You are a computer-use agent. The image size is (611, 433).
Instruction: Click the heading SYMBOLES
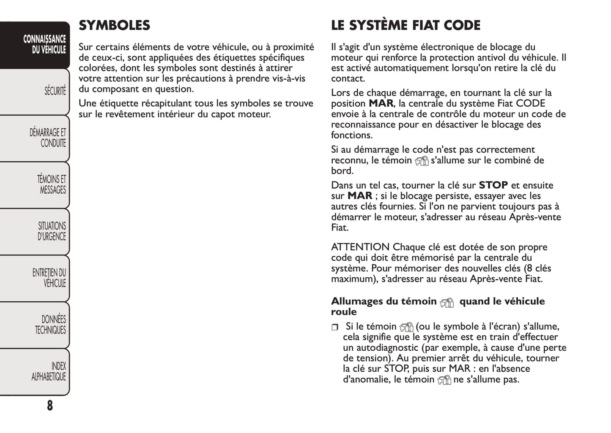[114, 25]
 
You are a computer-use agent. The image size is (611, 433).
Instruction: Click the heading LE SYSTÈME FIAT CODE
[406, 25]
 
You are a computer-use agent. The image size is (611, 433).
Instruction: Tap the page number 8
[50, 406]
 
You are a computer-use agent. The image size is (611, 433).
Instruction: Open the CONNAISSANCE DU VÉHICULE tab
[44, 45]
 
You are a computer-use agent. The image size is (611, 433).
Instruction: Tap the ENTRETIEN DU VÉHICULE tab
[49, 278]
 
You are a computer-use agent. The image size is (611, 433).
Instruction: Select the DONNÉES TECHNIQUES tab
[50, 325]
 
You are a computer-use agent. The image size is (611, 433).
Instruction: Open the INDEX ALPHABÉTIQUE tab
[49, 371]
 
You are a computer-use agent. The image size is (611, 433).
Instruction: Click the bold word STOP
[493, 185]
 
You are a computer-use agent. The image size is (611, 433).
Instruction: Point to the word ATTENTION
[360, 247]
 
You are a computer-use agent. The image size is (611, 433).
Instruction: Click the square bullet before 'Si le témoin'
[335, 327]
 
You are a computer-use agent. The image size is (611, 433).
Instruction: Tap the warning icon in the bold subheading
[447, 302]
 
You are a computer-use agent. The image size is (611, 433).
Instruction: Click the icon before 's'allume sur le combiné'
[422, 161]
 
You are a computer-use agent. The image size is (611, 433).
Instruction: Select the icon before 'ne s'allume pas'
[444, 380]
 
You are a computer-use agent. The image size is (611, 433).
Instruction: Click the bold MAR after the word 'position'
[381, 103]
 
